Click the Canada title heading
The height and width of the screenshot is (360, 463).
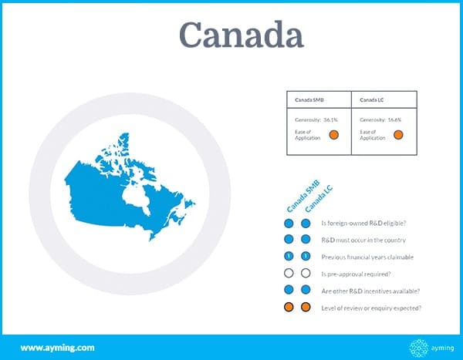tap(242, 35)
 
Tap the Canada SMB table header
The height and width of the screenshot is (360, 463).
tap(309, 100)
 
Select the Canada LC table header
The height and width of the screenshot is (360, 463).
tap(371, 100)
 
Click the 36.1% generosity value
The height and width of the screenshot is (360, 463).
tap(330, 119)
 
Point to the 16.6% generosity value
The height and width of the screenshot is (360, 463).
tap(394, 119)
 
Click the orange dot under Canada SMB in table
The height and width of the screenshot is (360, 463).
tap(333, 135)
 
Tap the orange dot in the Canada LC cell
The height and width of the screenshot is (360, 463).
tap(398, 135)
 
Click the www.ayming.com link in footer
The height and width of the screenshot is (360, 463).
tap(58, 348)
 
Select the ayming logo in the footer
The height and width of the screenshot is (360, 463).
tap(431, 348)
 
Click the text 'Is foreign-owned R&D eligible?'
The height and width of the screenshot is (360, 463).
tap(363, 224)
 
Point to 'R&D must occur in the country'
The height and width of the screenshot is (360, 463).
tap(363, 241)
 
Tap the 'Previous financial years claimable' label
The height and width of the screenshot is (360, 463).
tap(367, 257)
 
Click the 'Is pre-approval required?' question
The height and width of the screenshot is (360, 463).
tap(356, 274)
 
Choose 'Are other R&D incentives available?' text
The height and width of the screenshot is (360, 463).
tap(370, 291)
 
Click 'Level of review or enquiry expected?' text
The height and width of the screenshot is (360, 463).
tap(371, 308)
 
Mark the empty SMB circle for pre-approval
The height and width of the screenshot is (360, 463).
tap(289, 273)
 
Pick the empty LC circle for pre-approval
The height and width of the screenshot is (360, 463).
tap(306, 273)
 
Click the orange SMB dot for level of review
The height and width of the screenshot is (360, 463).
tap(289, 307)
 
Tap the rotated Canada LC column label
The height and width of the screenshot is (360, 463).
tap(319, 199)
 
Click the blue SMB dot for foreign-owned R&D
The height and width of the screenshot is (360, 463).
tap(289, 224)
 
